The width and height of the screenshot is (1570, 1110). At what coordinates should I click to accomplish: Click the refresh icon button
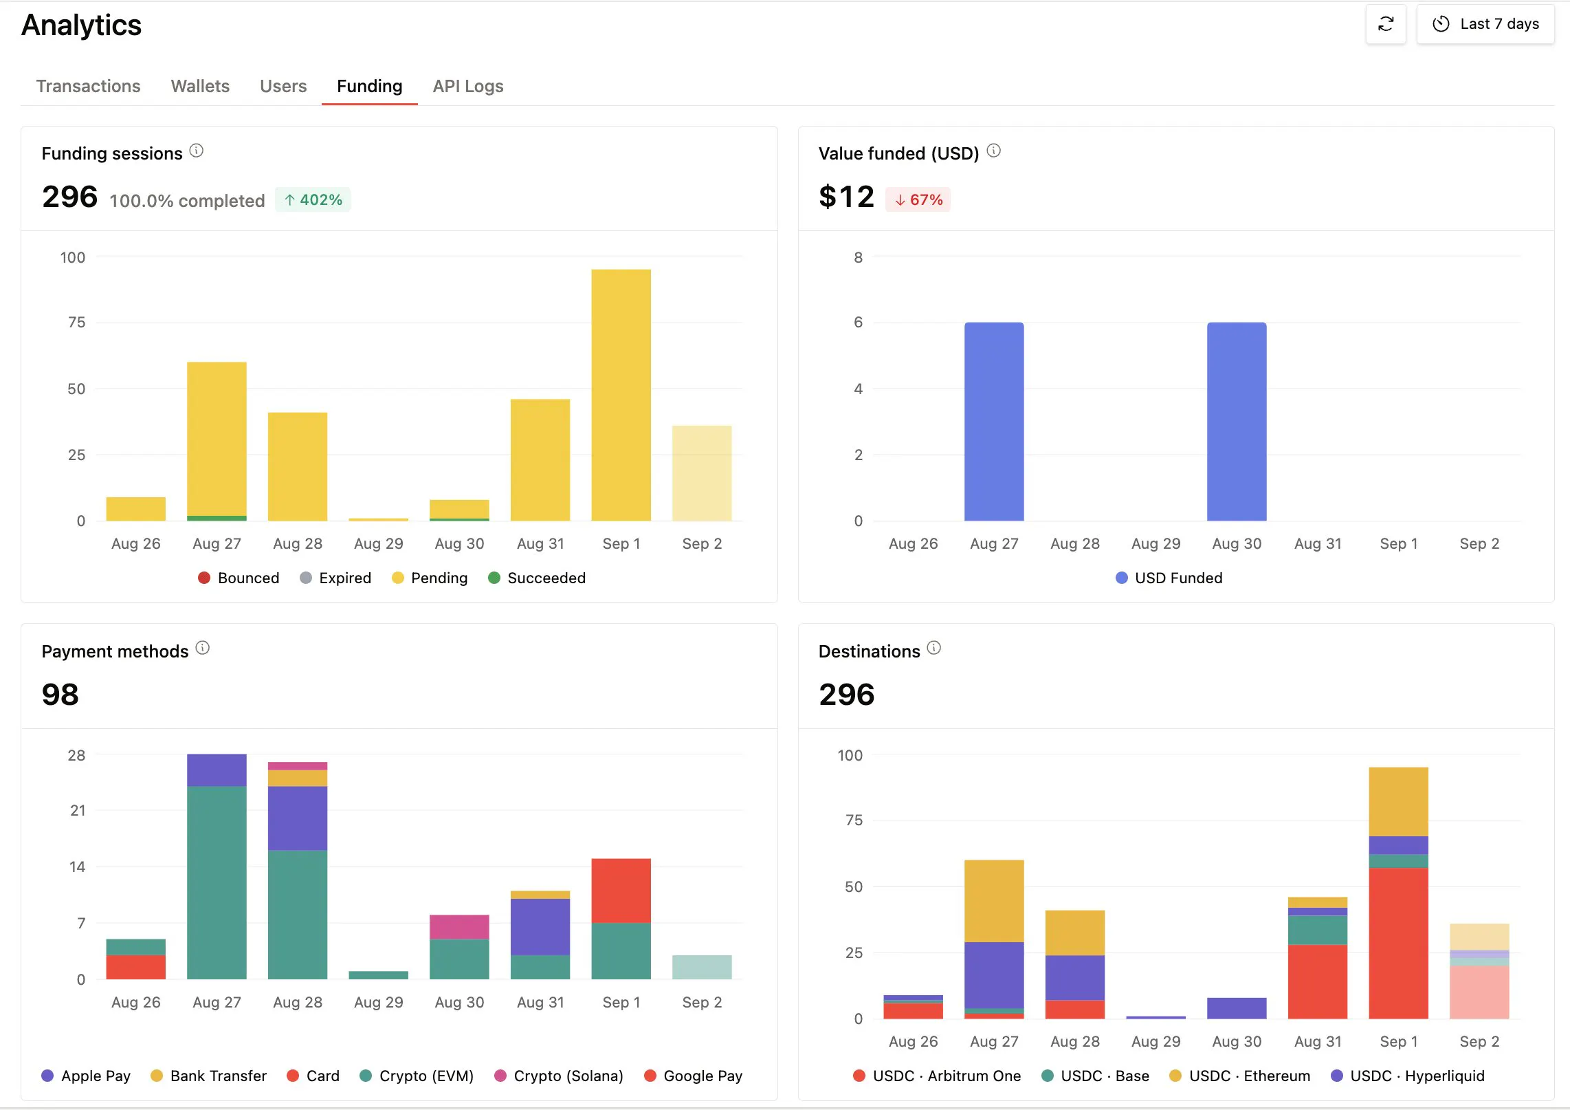[1385, 24]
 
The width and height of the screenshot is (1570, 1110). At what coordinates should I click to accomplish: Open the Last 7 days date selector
[1485, 24]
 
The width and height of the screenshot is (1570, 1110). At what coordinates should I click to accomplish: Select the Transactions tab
[88, 86]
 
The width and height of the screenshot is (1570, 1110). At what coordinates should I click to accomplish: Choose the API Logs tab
[468, 86]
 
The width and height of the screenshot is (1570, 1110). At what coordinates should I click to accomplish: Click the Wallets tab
[200, 86]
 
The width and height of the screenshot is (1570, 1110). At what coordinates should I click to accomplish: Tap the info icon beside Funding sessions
[197, 151]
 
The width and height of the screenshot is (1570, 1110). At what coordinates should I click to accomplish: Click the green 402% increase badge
[313, 199]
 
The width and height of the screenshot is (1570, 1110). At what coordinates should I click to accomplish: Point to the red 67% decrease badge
[918, 199]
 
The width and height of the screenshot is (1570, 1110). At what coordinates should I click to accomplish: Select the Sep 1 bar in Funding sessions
[621, 395]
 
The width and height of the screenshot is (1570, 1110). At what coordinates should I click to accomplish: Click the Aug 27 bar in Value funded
[994, 421]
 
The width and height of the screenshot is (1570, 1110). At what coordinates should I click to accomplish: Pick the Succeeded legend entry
[537, 578]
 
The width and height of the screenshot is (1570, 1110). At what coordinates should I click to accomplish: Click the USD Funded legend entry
[1169, 578]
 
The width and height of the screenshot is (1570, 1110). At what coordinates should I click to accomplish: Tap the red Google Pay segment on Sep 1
[621, 891]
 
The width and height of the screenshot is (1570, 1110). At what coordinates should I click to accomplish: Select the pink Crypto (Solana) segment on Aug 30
[459, 926]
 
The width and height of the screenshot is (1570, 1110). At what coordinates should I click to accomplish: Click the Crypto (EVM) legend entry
[417, 1076]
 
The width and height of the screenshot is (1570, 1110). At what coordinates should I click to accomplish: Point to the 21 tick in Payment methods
[78, 810]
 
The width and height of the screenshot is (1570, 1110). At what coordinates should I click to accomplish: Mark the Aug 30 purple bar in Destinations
[1237, 1008]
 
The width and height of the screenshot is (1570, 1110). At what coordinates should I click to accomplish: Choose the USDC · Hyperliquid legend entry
[1408, 1076]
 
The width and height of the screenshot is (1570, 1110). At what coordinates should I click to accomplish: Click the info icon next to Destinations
[934, 648]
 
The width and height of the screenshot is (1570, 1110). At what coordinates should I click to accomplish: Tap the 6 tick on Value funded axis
[858, 322]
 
